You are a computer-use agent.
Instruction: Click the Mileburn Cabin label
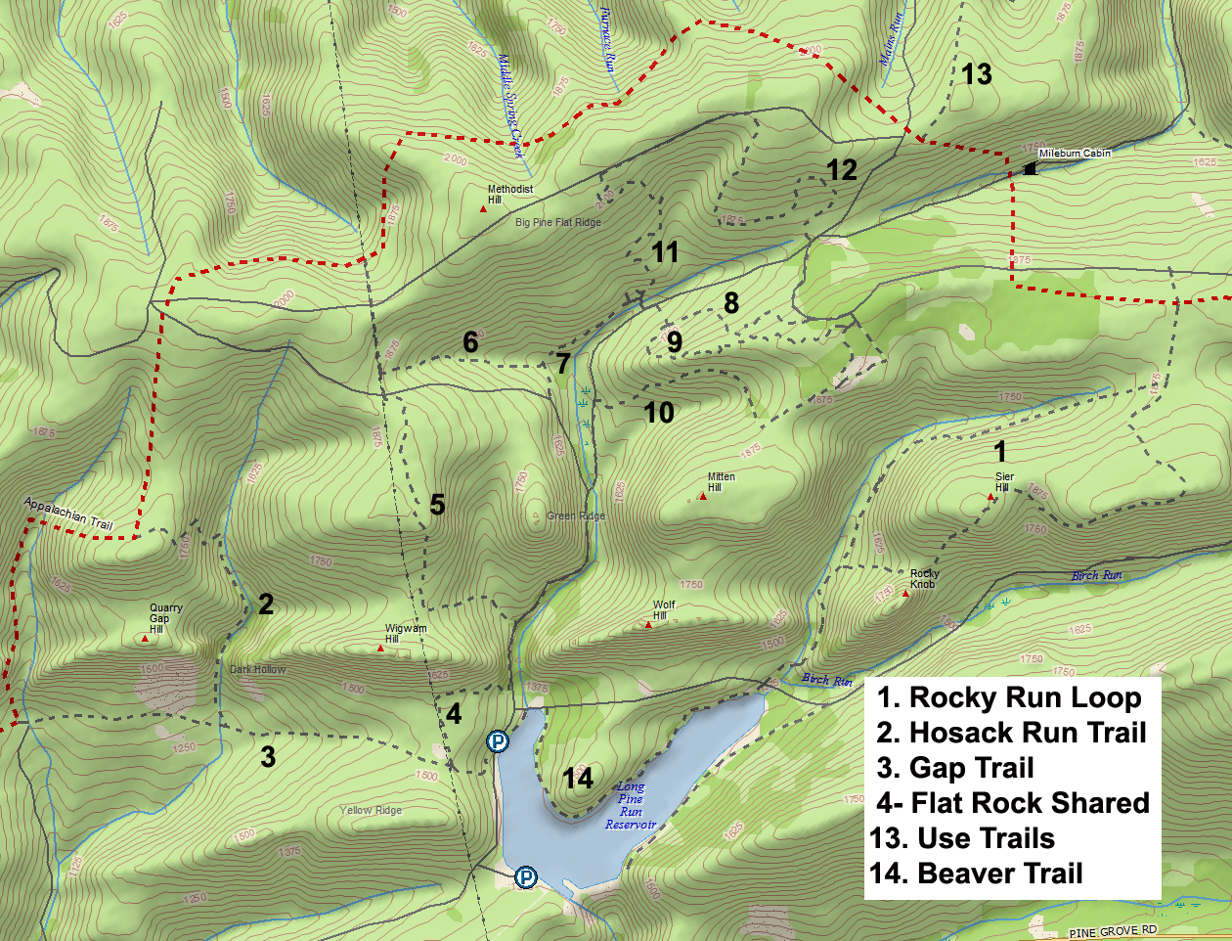[1075, 154]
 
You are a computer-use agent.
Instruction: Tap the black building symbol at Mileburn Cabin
[1030, 169]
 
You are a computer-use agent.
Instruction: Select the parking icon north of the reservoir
[498, 741]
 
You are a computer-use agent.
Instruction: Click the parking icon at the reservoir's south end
[526, 877]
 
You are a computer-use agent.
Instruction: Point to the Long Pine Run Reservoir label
[631, 805]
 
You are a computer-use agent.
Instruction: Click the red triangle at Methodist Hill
[483, 208]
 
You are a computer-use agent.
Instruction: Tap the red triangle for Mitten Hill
[703, 497]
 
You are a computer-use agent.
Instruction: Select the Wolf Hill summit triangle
[648, 624]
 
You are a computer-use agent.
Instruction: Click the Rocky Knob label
[924, 579]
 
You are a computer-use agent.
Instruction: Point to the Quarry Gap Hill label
[165, 618]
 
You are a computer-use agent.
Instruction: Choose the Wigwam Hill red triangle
[380, 648]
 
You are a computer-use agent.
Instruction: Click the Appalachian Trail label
[68, 513]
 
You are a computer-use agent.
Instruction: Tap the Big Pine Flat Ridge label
[558, 223]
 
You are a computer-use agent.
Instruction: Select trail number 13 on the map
[976, 74]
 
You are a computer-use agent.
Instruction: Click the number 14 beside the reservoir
[578, 779]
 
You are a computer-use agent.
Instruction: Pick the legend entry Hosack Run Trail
[1011, 733]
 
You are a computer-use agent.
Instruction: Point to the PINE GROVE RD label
[1113, 931]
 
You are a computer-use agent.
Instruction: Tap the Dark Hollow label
[258, 670]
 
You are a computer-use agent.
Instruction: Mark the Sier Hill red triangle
[990, 497]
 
